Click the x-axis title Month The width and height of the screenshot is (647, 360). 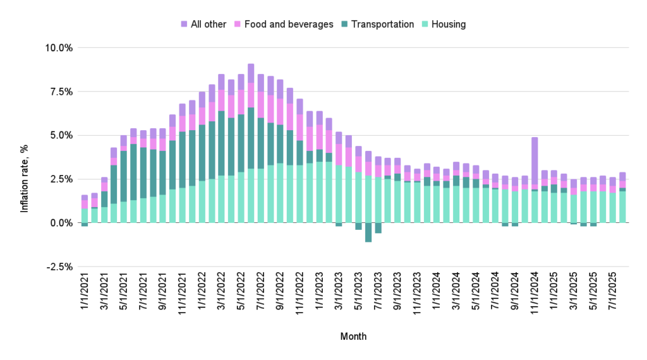tap(353, 337)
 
